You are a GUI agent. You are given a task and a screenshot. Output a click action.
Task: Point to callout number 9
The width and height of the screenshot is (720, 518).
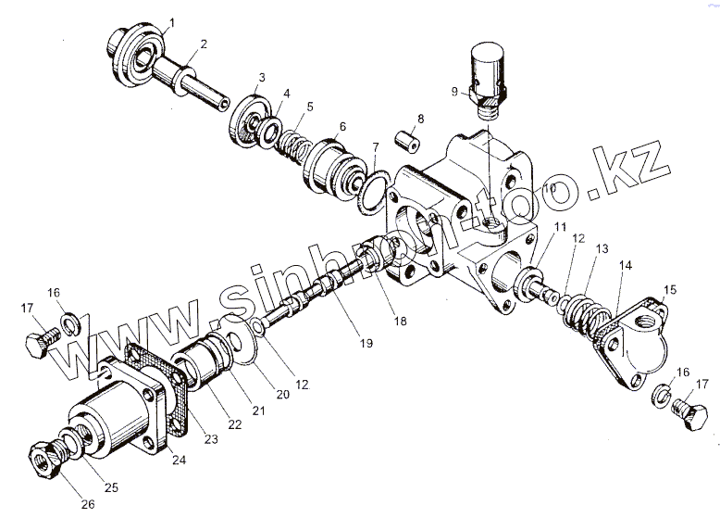click(x=454, y=92)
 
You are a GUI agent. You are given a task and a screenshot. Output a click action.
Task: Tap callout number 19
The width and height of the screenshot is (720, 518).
click(x=366, y=344)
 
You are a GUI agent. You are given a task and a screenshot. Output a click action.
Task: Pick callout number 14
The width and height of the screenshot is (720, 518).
click(x=626, y=265)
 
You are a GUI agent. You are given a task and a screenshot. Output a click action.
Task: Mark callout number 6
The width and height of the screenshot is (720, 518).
click(x=342, y=127)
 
